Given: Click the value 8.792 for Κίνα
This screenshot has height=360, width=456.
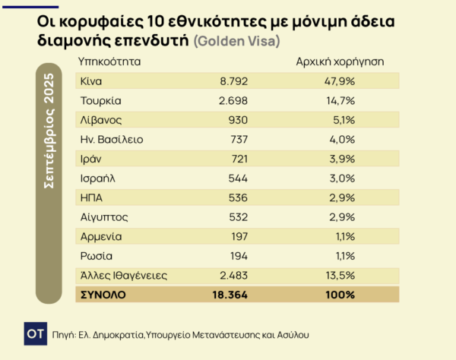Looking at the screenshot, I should pyautogui.click(x=230, y=81).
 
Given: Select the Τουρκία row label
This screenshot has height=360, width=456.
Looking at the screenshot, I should pyautogui.click(x=102, y=100).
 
